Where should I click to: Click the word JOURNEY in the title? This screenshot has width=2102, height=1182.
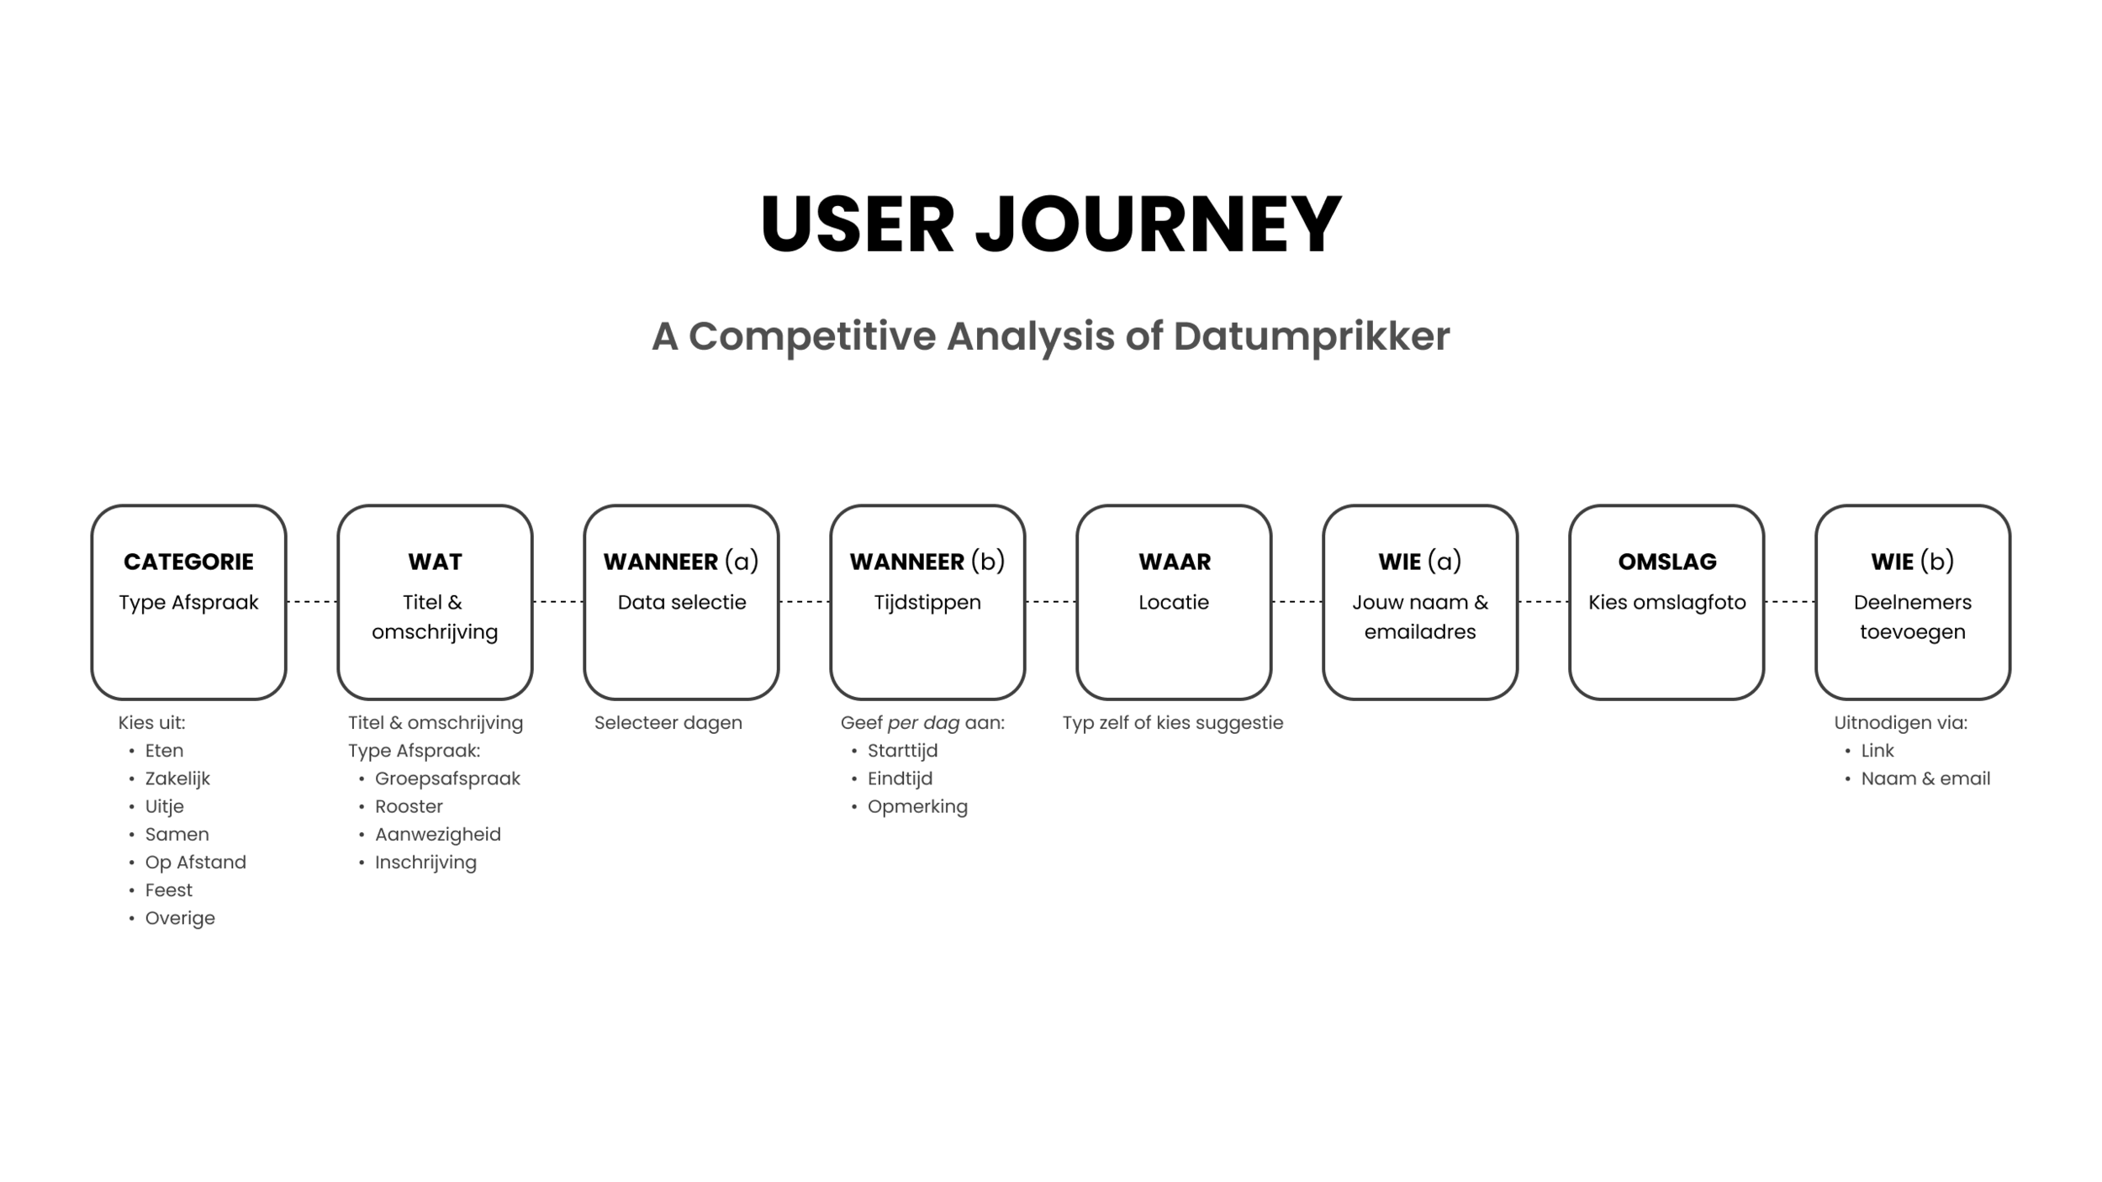pos(1158,224)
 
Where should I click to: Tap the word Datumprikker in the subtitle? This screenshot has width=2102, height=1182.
pos(1311,336)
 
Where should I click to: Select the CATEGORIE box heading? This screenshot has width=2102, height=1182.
pos(188,562)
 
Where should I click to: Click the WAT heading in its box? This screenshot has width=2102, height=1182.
pos(435,562)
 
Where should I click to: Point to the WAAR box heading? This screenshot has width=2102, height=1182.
pos(1174,562)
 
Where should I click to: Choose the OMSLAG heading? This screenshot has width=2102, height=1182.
pos(1666,562)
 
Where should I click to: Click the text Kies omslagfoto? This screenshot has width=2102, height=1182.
pos(1666,603)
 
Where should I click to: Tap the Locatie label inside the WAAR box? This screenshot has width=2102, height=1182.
pos(1174,603)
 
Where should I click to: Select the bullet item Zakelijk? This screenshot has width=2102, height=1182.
pos(177,778)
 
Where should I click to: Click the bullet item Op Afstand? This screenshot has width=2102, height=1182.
pos(195,863)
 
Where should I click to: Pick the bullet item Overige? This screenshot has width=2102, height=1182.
pos(180,918)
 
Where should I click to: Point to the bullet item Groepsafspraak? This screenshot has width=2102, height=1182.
pos(447,778)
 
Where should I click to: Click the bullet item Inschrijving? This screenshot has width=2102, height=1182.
pos(425,863)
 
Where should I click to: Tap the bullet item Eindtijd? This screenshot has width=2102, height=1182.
pos(900,778)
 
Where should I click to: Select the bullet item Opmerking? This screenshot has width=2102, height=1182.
pos(917,807)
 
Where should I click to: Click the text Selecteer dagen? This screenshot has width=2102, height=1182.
pos(668,723)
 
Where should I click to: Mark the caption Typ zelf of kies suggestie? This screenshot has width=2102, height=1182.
pos(1172,723)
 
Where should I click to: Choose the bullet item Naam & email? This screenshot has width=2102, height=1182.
pos(1925,778)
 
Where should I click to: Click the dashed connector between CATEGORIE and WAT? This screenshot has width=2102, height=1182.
pos(312,602)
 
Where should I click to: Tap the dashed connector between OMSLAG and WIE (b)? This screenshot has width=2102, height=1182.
pos(1789,602)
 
